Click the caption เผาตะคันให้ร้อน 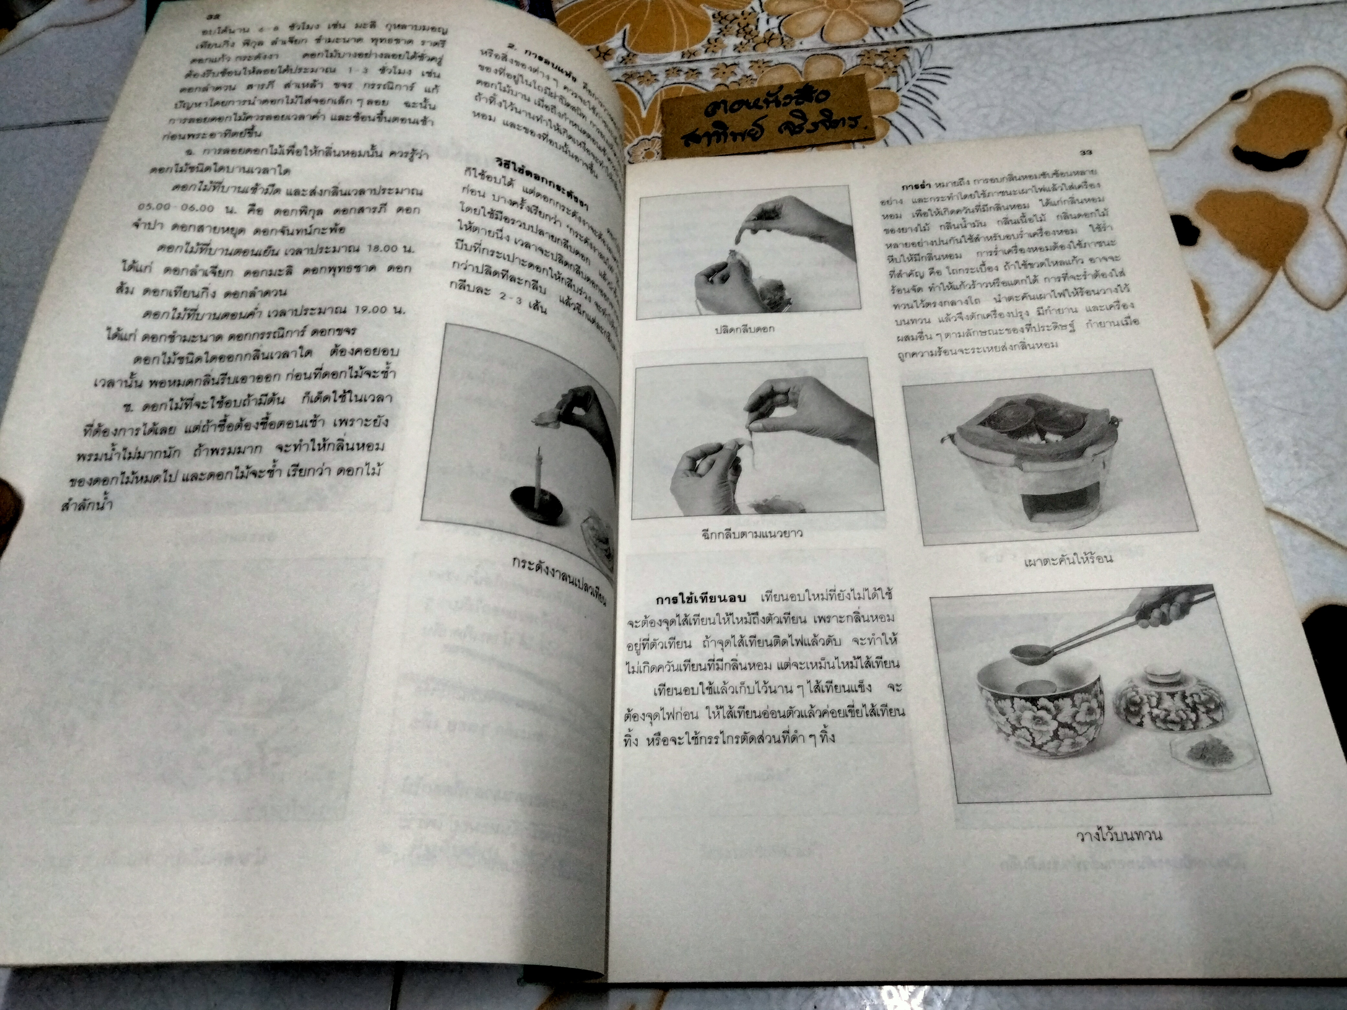click(1069, 559)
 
